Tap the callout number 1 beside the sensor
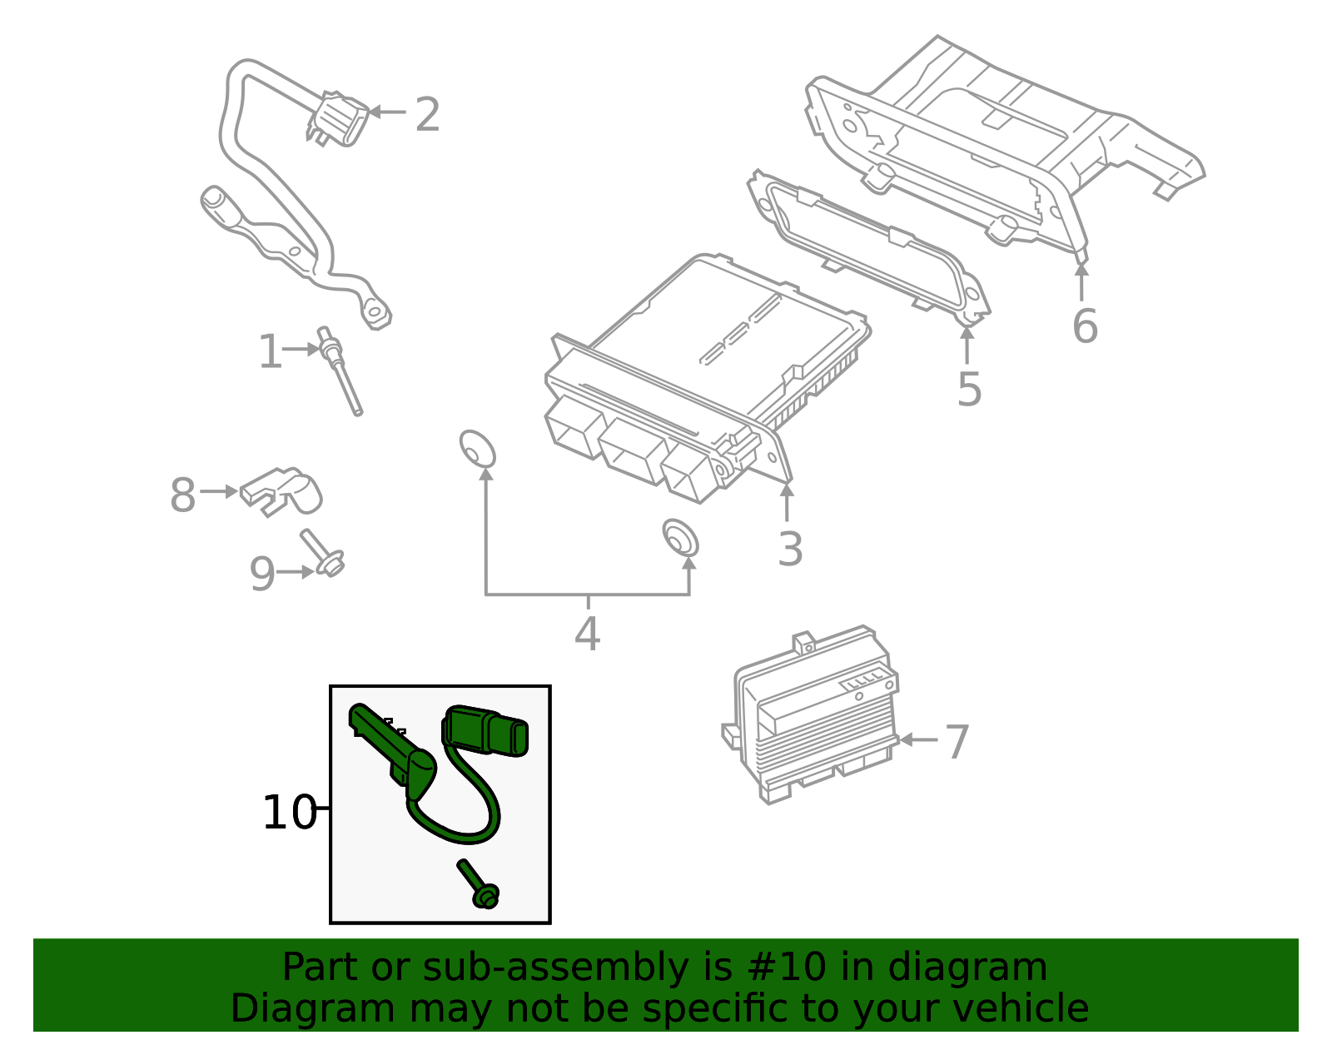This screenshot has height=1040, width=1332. tap(270, 352)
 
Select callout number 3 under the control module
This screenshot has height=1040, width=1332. tap(790, 550)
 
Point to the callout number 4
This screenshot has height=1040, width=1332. tap(587, 634)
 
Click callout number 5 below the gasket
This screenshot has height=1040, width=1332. tap(969, 389)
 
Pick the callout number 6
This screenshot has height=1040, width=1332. tap(1085, 326)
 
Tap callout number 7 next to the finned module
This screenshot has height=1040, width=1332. tap(957, 742)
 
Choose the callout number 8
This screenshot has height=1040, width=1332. tap(182, 495)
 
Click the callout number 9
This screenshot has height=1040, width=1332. tap(262, 574)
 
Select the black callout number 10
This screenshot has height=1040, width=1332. tap(289, 813)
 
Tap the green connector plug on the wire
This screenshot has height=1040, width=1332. tap(487, 730)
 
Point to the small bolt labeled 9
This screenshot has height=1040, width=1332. tap(323, 555)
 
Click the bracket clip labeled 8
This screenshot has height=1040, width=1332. tap(283, 491)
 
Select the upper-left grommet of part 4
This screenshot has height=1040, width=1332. tap(477, 450)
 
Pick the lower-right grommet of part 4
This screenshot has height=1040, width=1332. tap(680, 538)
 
